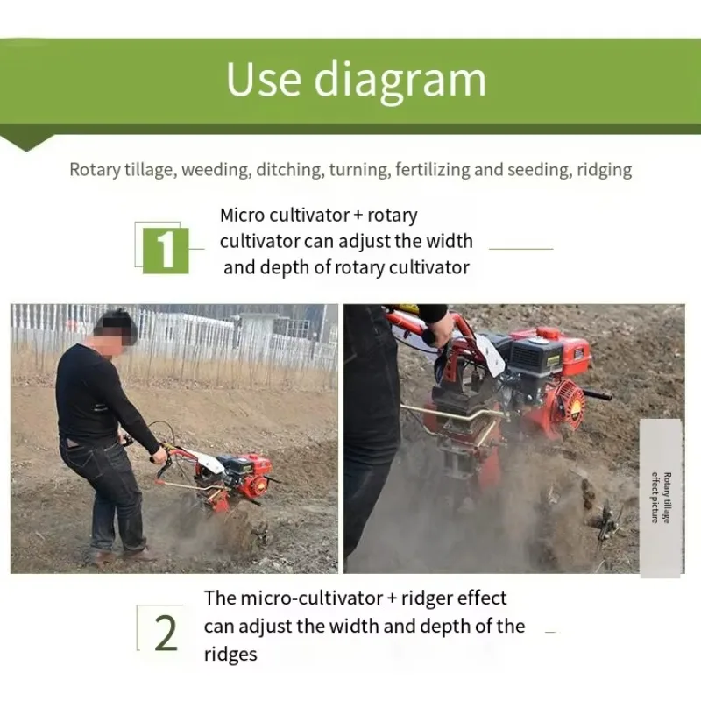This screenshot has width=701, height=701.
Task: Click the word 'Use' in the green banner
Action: point(264,79)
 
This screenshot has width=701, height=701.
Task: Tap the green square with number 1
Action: point(166,251)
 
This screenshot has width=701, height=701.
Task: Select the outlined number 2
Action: point(166,633)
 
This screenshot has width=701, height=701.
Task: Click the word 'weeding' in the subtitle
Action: point(216,170)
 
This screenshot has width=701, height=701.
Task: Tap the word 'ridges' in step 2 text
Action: point(230,655)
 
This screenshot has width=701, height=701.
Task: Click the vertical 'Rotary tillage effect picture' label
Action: point(662,497)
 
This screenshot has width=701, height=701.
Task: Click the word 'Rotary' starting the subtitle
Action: point(96,170)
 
